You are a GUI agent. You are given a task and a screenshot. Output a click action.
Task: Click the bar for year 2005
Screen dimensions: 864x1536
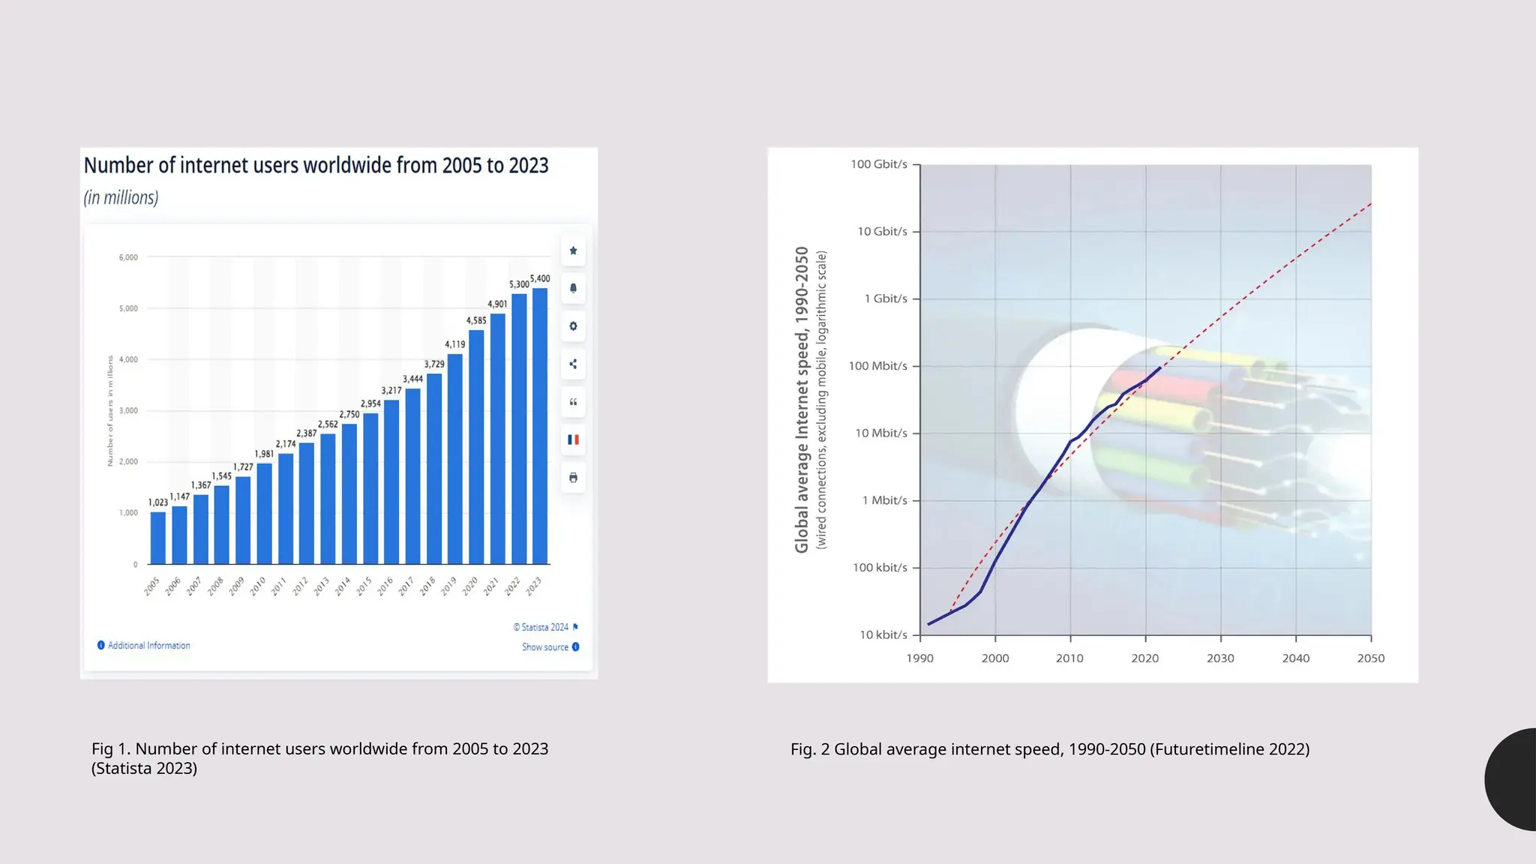tap(157, 538)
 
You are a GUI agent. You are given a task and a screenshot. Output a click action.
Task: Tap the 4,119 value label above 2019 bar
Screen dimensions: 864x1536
tap(454, 344)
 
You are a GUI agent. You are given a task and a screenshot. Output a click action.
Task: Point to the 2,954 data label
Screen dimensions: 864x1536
tap(370, 403)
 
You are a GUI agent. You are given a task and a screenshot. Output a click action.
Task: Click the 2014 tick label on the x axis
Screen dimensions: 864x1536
tap(343, 586)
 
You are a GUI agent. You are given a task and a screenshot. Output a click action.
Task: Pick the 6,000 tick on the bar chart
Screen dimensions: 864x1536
tap(128, 257)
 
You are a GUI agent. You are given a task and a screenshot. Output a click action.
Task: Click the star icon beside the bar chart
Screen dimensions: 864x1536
tap(573, 250)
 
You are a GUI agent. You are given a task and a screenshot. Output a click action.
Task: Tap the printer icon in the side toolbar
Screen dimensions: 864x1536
tap(573, 478)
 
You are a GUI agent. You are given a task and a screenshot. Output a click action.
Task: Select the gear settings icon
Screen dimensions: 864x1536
tap(573, 326)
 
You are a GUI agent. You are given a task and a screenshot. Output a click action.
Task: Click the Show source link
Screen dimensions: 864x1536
tap(546, 647)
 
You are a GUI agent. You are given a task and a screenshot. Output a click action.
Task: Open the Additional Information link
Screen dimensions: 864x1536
tap(148, 646)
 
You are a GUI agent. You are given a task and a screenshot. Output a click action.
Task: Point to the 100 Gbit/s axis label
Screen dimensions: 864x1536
tap(878, 164)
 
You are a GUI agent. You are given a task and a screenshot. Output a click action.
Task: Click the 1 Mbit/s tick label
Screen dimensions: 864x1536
tap(884, 500)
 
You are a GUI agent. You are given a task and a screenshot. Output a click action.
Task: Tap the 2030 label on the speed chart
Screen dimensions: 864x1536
tap(1220, 658)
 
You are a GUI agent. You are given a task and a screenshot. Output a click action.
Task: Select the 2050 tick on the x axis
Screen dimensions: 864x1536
tap(1370, 658)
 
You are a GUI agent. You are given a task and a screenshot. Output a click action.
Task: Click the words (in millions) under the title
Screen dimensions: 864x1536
tap(121, 198)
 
